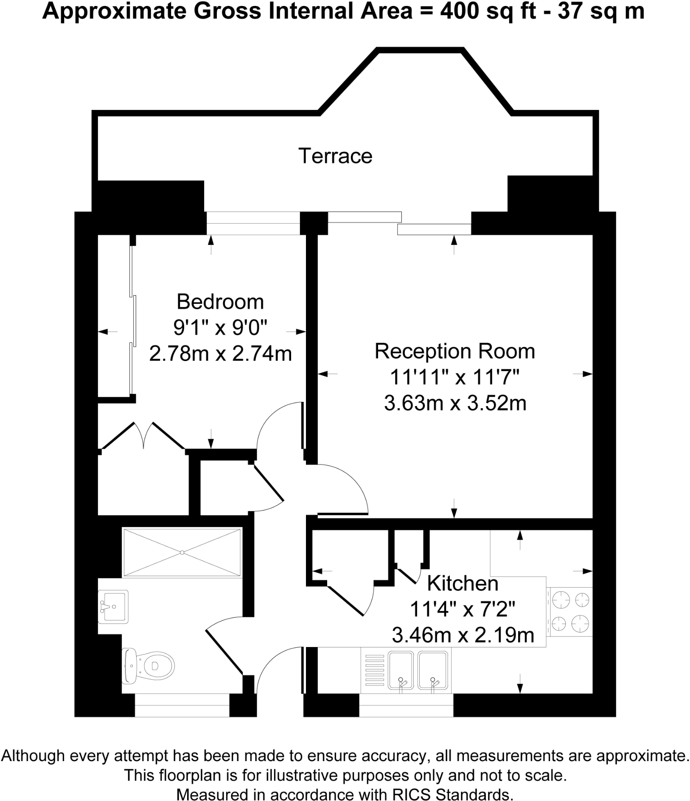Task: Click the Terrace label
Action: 335,156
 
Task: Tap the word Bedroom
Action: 220,302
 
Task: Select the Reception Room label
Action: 454,351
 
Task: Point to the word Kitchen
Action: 463,583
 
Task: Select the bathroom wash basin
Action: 113,606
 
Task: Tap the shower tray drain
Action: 182,552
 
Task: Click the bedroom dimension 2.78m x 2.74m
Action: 220,353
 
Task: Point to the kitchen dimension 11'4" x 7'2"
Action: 462,610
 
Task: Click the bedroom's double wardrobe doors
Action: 143,435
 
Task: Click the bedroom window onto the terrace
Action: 253,223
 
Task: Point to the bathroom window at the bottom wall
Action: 182,705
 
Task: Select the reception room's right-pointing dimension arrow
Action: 586,374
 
